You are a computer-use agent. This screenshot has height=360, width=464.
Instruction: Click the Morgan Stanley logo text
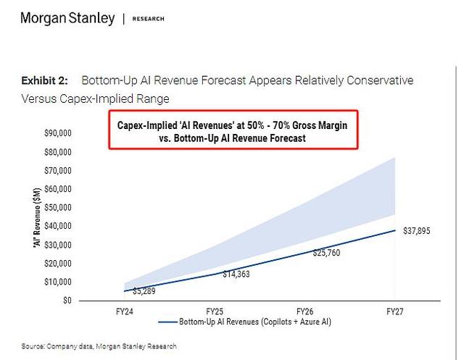click(67, 18)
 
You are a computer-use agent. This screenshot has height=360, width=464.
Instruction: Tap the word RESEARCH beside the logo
click(148, 19)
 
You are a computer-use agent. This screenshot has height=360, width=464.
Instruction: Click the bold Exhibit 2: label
click(44, 80)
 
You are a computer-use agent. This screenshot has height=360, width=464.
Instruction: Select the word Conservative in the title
click(380, 80)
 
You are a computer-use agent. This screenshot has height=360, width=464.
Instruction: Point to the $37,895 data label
click(417, 231)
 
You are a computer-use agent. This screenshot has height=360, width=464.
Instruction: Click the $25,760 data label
click(326, 253)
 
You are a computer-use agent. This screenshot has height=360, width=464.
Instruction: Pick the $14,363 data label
click(236, 274)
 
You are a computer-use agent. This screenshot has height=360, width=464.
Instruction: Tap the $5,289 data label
click(144, 291)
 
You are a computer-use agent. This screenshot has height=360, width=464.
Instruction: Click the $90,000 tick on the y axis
click(58, 133)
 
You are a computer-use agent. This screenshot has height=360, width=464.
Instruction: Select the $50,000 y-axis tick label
click(58, 207)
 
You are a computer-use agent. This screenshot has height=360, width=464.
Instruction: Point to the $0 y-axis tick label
click(67, 301)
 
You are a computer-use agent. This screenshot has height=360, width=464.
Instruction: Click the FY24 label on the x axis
click(124, 311)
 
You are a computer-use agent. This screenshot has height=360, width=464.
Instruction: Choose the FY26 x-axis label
click(304, 311)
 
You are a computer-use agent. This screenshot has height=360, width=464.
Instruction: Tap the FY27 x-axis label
click(395, 311)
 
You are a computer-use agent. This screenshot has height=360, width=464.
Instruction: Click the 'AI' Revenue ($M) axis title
click(37, 217)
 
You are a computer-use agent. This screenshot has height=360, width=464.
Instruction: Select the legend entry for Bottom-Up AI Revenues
click(244, 322)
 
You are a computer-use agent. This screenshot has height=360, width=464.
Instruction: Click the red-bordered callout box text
click(232, 132)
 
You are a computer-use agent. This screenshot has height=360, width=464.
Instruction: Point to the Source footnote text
click(99, 346)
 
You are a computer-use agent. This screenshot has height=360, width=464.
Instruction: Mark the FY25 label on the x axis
click(215, 311)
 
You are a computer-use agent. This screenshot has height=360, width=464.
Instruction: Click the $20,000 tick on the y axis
click(58, 264)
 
